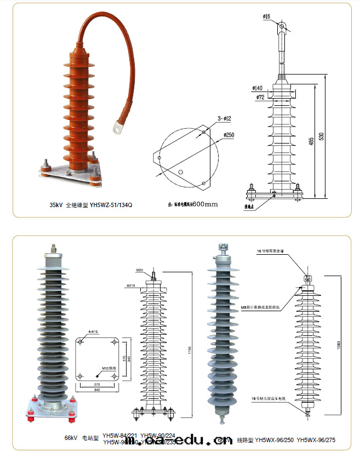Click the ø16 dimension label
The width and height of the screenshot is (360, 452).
tap(267, 16)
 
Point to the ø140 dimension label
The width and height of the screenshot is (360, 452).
tap(257, 87)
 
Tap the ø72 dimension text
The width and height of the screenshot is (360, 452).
tap(260, 97)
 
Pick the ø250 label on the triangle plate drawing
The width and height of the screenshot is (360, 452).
tap(228, 135)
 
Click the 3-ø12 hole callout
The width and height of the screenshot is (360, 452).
tap(225, 118)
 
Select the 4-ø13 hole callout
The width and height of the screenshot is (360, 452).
tap(93, 332)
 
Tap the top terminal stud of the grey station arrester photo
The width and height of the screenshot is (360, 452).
tap(53, 248)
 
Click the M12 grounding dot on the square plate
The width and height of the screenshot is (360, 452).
tap(98, 375)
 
